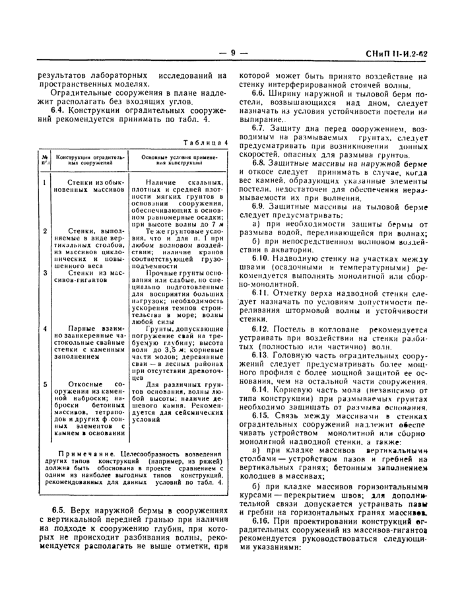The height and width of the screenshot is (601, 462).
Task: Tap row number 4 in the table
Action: point(44,328)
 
